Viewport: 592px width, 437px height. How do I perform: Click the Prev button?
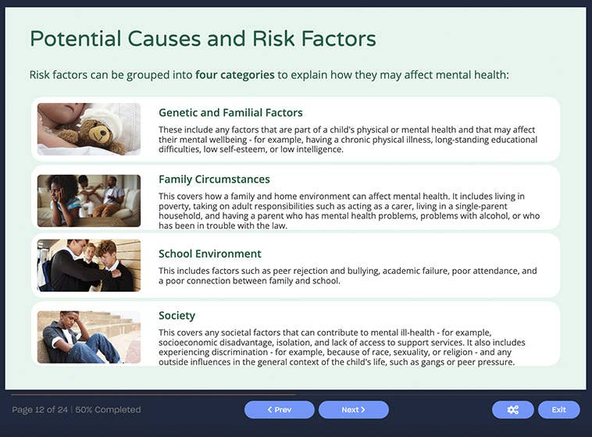(x=279, y=410)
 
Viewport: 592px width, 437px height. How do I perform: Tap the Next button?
(x=353, y=410)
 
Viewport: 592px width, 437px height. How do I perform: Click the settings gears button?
(x=512, y=410)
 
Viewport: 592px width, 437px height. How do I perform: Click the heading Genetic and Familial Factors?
(x=230, y=112)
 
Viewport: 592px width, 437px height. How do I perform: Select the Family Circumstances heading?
(x=214, y=179)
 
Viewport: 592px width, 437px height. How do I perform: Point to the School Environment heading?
(x=209, y=254)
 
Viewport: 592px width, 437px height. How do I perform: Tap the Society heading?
(x=177, y=315)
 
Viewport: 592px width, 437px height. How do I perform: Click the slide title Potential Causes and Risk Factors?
(x=202, y=38)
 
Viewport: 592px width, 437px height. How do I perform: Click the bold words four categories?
(x=234, y=75)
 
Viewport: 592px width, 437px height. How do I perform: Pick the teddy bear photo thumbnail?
(x=89, y=129)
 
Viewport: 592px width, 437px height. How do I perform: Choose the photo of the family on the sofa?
(x=89, y=201)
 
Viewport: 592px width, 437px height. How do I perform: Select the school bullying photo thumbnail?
(x=89, y=265)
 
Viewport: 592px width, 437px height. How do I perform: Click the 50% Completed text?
(x=108, y=410)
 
